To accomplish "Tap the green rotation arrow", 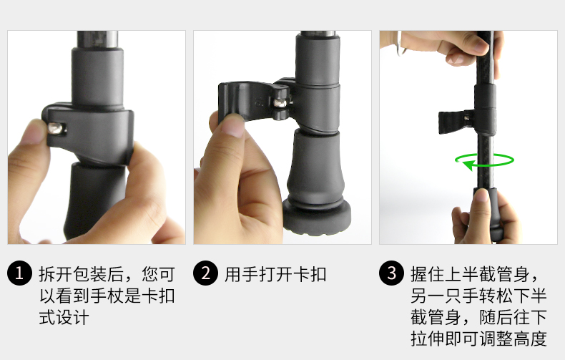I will pyautogui.click(x=486, y=162).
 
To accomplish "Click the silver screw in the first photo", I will pyautogui.click(x=56, y=128).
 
